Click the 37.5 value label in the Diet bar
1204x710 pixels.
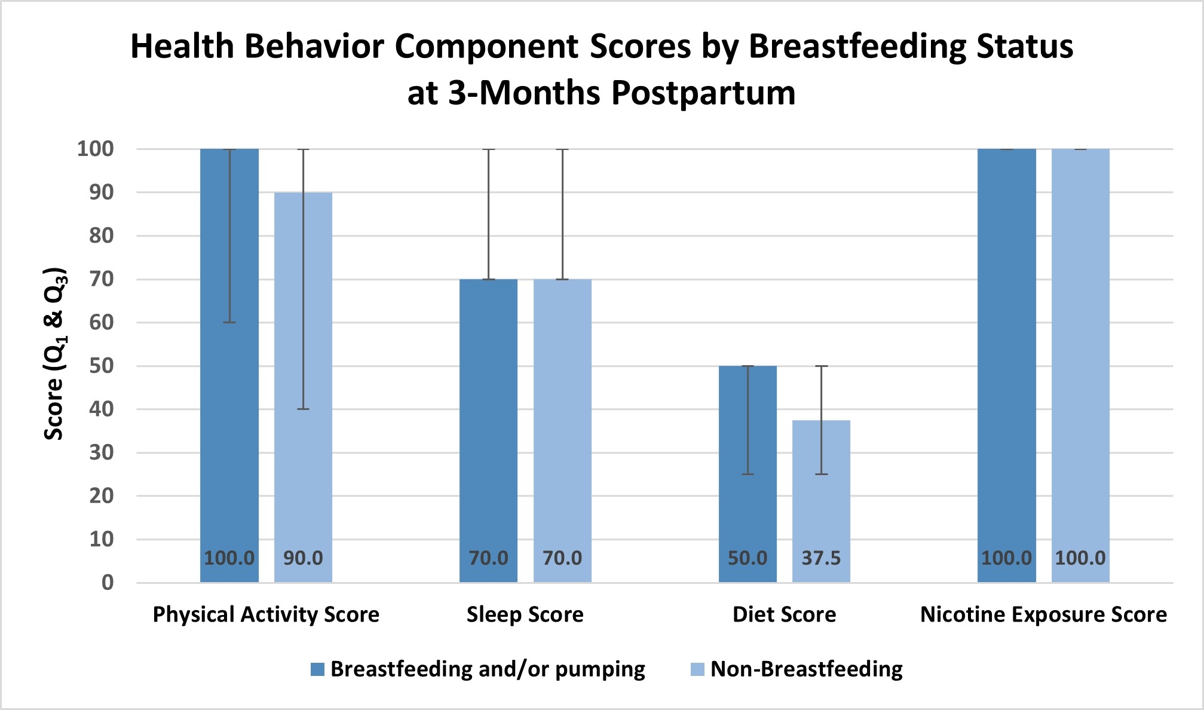821,558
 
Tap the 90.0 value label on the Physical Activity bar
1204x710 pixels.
303,558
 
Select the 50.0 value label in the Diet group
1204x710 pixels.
747,558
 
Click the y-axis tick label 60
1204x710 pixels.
101,323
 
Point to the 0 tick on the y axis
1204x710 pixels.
108,583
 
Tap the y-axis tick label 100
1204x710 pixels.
95,149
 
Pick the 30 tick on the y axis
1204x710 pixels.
101,452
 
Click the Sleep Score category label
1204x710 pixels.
525,614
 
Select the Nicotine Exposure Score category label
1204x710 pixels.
1043,614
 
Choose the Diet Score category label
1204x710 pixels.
785,614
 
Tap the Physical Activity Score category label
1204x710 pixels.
266,614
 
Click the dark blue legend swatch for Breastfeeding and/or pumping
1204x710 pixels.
317,669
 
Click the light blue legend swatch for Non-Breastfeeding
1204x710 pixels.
697,669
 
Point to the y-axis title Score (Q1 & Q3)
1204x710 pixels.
55,353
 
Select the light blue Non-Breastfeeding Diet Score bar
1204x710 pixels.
821,501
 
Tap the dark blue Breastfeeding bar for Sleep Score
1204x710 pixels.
488,430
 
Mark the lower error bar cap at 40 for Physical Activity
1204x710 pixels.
304,409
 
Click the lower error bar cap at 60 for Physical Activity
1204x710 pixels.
229,322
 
